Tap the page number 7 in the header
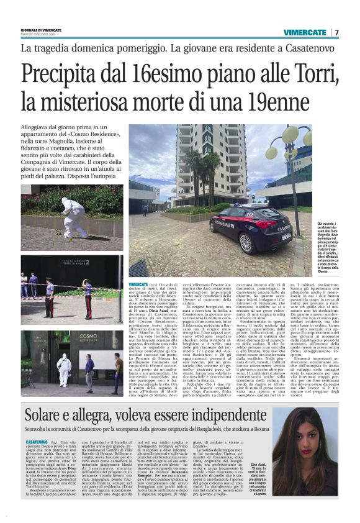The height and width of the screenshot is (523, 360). (336, 32)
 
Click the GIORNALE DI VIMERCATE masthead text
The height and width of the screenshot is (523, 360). (41, 30)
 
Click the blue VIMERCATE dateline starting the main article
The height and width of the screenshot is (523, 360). (139, 283)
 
